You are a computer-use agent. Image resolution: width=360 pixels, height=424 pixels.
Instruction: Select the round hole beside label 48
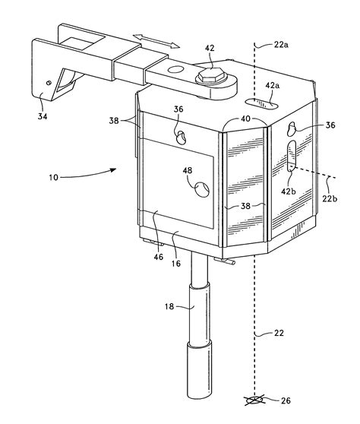click(204, 187)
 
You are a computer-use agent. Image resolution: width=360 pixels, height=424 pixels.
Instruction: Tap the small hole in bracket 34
click(49, 83)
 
